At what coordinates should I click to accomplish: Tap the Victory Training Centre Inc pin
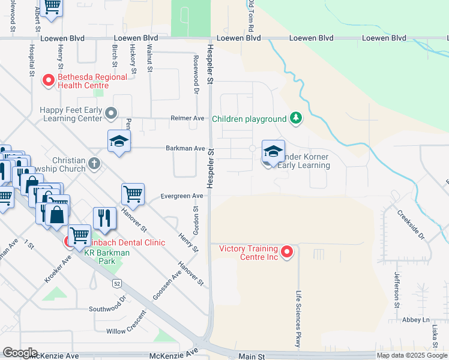tap(287, 252)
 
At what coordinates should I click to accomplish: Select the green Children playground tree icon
tap(295, 118)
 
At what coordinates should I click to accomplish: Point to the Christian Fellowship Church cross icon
tap(94, 163)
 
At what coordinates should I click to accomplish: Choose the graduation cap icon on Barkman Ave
tap(119, 142)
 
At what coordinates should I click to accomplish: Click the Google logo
tap(20, 353)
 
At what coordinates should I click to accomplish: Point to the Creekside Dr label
tap(412, 225)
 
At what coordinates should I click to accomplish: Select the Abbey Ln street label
tap(417, 320)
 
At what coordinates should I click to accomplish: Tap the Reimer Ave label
tap(187, 118)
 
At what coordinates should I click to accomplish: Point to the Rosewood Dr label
tap(196, 76)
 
